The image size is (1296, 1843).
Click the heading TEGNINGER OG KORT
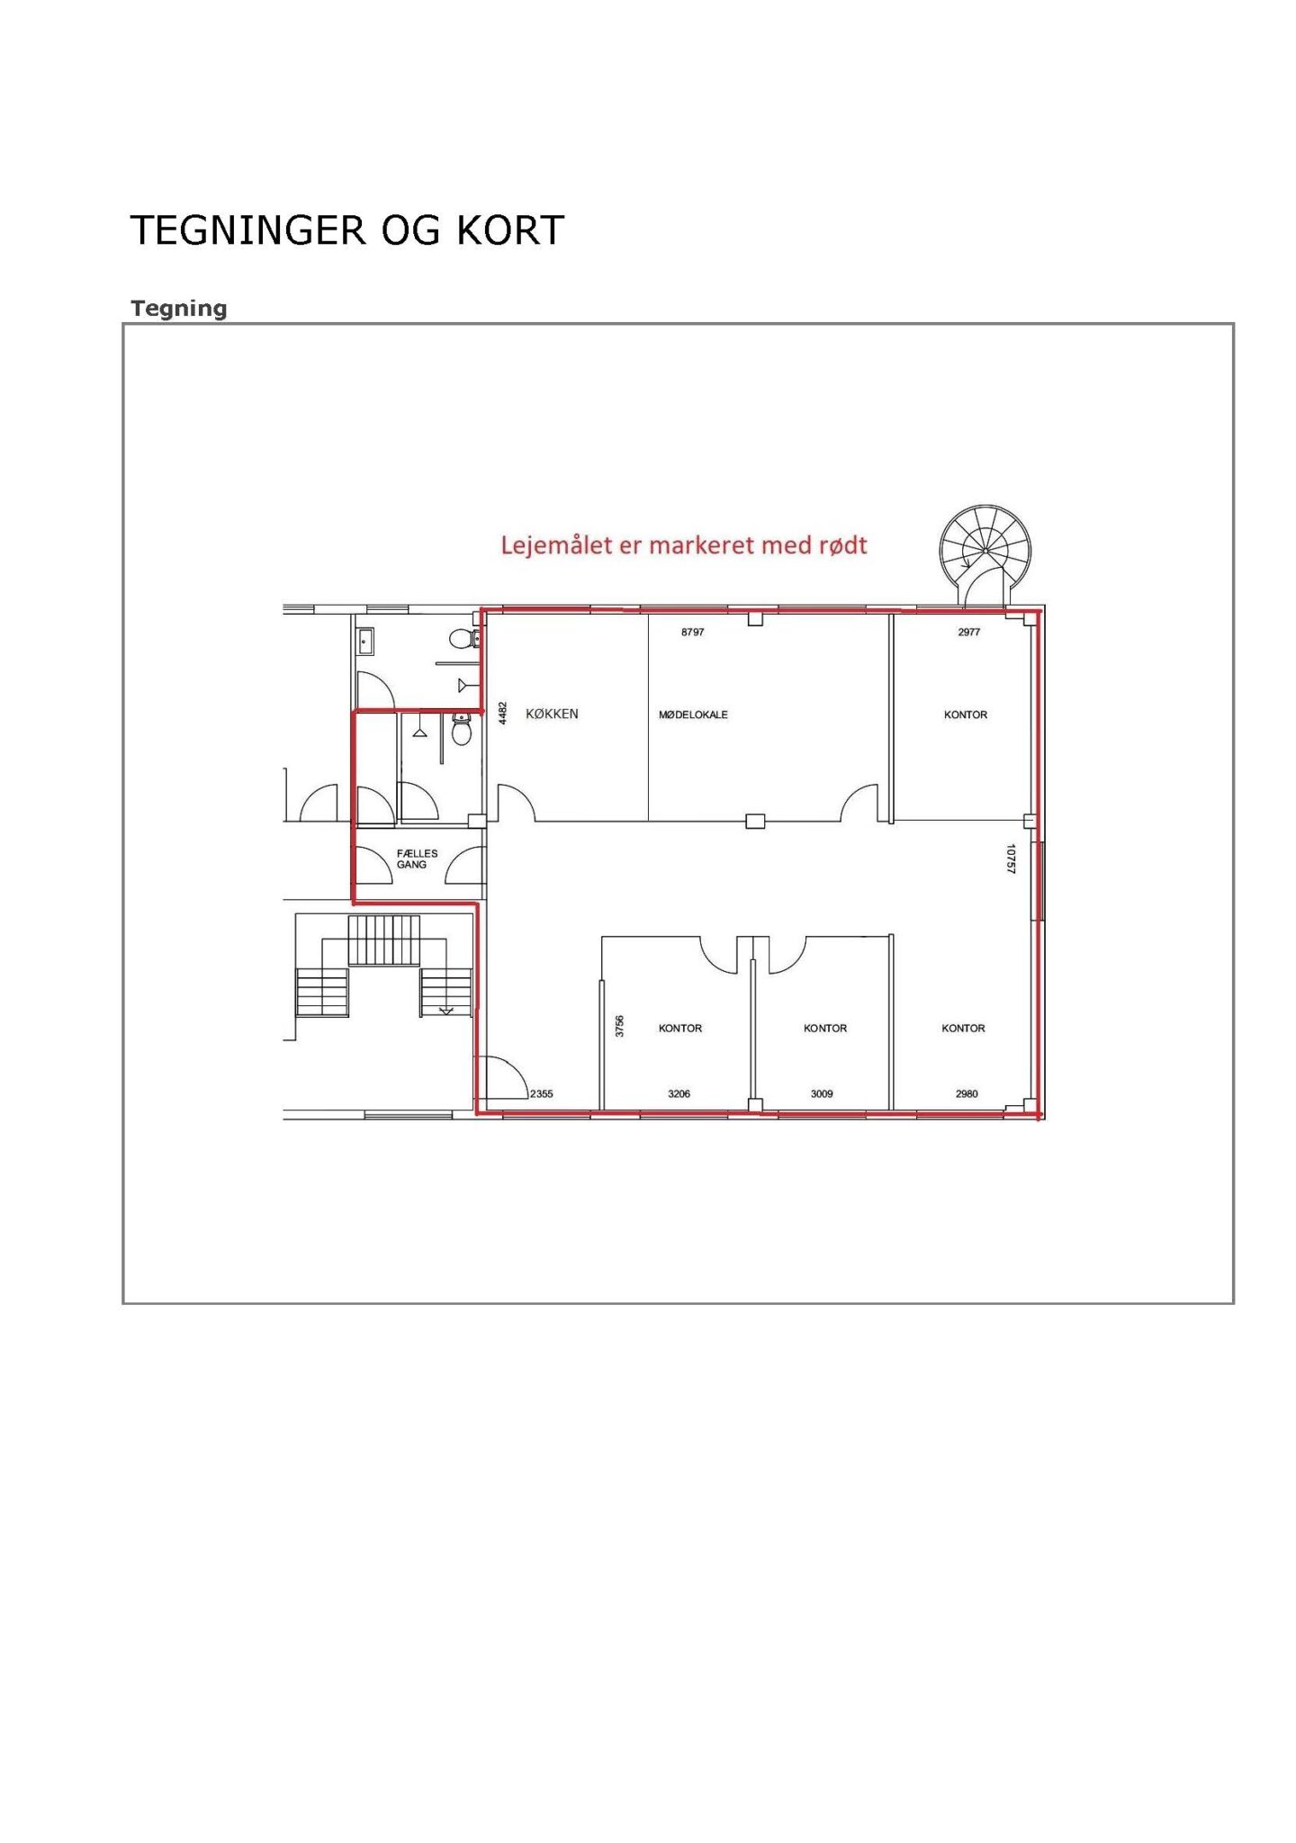point(347,230)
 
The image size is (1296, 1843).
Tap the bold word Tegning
point(178,309)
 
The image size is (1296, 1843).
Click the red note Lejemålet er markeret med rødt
point(684,545)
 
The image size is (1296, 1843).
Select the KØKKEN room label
point(552,714)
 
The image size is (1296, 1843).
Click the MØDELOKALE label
point(693,715)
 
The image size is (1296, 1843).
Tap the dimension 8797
point(693,633)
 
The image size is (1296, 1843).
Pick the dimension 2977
point(968,633)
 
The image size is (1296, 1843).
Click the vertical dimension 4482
point(503,713)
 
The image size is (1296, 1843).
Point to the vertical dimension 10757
point(1011,859)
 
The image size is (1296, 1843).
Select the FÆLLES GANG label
point(417,859)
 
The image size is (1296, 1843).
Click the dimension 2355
point(542,1094)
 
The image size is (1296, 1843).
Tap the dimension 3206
point(679,1094)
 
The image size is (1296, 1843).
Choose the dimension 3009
point(822,1094)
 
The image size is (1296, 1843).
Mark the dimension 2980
point(967,1094)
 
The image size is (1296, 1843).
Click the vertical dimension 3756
point(619,1026)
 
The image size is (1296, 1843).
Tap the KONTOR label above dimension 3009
point(825,1029)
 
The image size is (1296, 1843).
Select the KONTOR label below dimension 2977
point(966,715)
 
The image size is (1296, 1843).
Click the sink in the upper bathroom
point(365,641)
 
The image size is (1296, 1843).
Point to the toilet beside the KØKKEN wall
point(462,729)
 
